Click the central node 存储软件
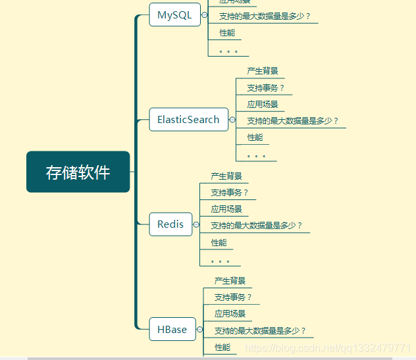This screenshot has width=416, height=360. pyautogui.click(x=78, y=172)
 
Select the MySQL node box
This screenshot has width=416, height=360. pyautogui.click(x=174, y=15)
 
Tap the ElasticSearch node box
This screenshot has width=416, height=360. pyautogui.click(x=188, y=120)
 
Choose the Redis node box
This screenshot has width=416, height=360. pyautogui.click(x=170, y=224)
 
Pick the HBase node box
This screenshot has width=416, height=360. pyautogui.click(x=172, y=330)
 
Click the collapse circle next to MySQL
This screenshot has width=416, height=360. pyautogui.click(x=204, y=15)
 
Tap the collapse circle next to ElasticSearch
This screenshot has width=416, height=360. pyautogui.click(x=232, y=120)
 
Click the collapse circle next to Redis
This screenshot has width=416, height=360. pyautogui.click(x=196, y=224)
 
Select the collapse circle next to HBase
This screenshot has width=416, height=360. pyautogui.click(x=200, y=330)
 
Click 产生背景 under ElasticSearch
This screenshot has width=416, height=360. pyautogui.click(x=263, y=71)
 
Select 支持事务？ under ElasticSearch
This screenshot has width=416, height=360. pyautogui.click(x=266, y=88)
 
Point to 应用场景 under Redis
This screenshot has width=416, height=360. pyautogui.click(x=226, y=209)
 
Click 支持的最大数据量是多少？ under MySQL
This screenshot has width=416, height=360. pyautogui.click(x=265, y=16)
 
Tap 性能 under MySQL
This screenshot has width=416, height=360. pyautogui.click(x=226, y=33)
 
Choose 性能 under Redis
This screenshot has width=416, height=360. pyautogui.click(x=219, y=243)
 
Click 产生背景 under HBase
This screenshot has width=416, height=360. pyautogui.click(x=230, y=281)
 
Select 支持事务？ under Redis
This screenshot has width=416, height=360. pyautogui.click(x=230, y=193)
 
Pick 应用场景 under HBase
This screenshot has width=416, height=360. pyautogui.click(x=230, y=314)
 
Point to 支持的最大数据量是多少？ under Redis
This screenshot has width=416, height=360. pyautogui.click(x=257, y=226)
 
